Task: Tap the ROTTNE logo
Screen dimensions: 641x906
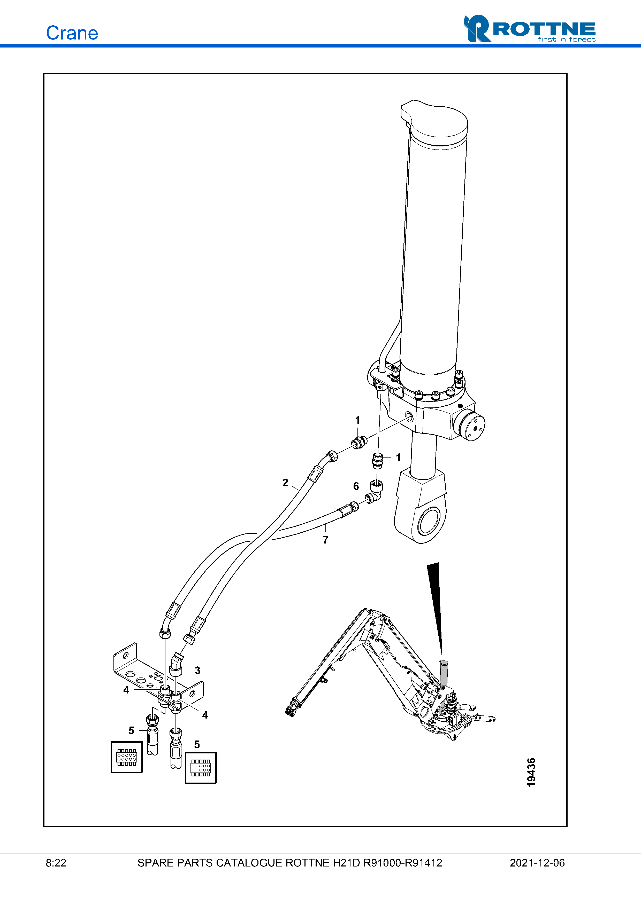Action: pyautogui.click(x=530, y=28)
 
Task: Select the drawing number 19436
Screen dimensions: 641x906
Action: pyautogui.click(x=531, y=772)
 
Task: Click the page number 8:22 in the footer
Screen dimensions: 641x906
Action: pyautogui.click(x=56, y=863)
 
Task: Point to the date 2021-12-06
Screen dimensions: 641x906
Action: pyautogui.click(x=537, y=863)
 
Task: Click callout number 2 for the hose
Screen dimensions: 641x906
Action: pyautogui.click(x=285, y=483)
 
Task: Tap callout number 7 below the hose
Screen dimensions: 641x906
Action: pyautogui.click(x=325, y=540)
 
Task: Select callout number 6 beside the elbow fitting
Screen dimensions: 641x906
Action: pyautogui.click(x=356, y=486)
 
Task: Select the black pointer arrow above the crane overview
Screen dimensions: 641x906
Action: pyautogui.click(x=436, y=610)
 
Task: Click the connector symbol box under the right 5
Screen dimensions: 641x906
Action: pyautogui.click(x=201, y=768)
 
